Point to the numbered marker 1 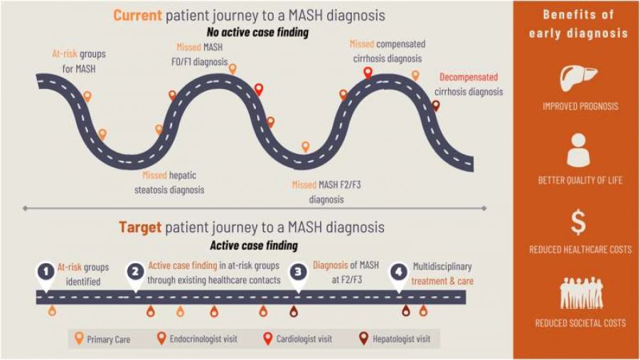(x=46, y=272)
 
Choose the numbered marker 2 (x=135, y=272)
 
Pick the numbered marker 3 (x=299, y=272)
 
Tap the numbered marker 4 (x=398, y=272)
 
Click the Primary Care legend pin (x=79, y=339)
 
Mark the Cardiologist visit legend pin (x=268, y=339)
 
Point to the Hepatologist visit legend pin (x=364, y=339)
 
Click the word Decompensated (x=469, y=77)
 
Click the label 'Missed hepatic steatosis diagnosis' (x=169, y=182)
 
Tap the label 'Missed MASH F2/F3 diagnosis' (x=326, y=192)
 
